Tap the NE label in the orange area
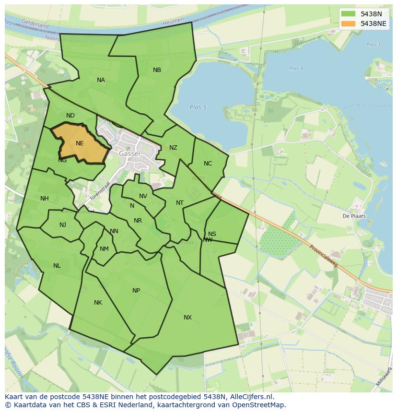pos(80,143)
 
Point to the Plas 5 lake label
pos(198,107)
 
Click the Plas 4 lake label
pos(296,69)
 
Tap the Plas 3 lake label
pos(373,45)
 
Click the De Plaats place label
pos(354,216)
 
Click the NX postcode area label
pos(187,318)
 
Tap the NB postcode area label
pos(157,70)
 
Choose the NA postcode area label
pos(101,80)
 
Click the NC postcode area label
pos(208,164)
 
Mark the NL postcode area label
pos(57,266)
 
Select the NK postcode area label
pos(98,303)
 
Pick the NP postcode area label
pos(136,291)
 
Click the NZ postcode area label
pos(173,148)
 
